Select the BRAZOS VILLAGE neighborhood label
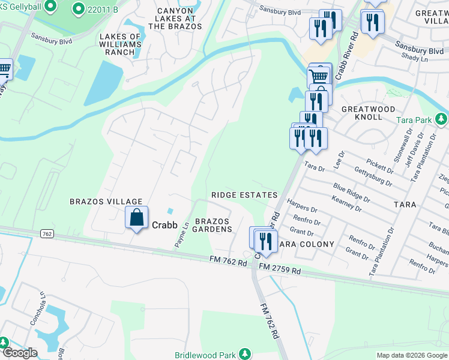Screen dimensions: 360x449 pos(106,202)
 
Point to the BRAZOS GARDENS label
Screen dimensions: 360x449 pos(212,225)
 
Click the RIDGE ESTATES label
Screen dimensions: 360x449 pos(244,195)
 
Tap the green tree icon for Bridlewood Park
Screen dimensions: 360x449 pos(244,355)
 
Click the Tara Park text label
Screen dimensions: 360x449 pos(414,120)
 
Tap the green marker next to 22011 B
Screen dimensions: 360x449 pos(78,8)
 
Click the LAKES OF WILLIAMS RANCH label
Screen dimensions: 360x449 pos(120,44)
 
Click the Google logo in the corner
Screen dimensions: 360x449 pos(19,352)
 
